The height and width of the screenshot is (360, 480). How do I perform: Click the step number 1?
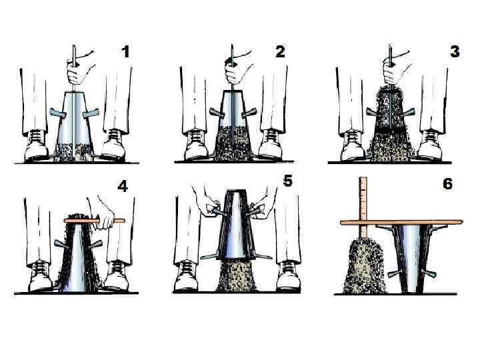[125, 52]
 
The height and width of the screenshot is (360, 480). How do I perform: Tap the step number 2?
[280, 51]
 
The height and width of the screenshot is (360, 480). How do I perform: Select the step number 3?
[455, 51]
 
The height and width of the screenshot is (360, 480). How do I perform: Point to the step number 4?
[123, 186]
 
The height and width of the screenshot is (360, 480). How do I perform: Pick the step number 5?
[288, 181]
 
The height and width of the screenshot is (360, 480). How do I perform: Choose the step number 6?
[447, 184]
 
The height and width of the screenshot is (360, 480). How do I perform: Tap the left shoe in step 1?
[36, 145]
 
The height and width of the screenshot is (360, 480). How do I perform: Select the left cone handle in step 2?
[217, 113]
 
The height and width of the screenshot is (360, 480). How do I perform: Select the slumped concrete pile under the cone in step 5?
[236, 275]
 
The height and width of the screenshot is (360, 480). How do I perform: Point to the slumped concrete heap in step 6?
[364, 266]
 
